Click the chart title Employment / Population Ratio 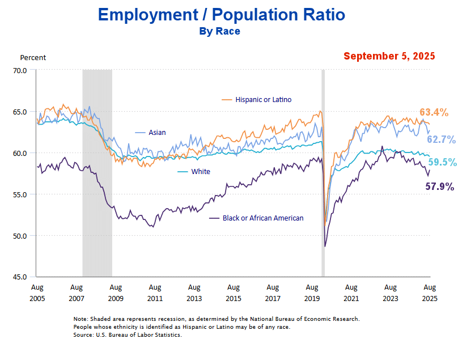click(x=220, y=14)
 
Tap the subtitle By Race click(x=219, y=31)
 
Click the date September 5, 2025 click(x=389, y=56)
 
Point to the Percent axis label click(x=33, y=57)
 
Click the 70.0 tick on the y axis click(x=20, y=70)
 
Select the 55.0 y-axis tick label click(x=20, y=194)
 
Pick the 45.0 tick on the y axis click(x=20, y=277)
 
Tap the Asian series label click(x=157, y=133)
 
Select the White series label click(x=201, y=171)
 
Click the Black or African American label click(x=263, y=218)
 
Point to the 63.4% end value click(x=434, y=112)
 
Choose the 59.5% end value click(x=442, y=162)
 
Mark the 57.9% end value click(x=440, y=187)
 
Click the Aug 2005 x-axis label click(x=37, y=293)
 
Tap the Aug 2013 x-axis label click(x=194, y=293)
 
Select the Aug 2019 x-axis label click(x=312, y=293)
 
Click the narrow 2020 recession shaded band click(x=323, y=170)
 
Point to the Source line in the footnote click(x=128, y=336)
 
